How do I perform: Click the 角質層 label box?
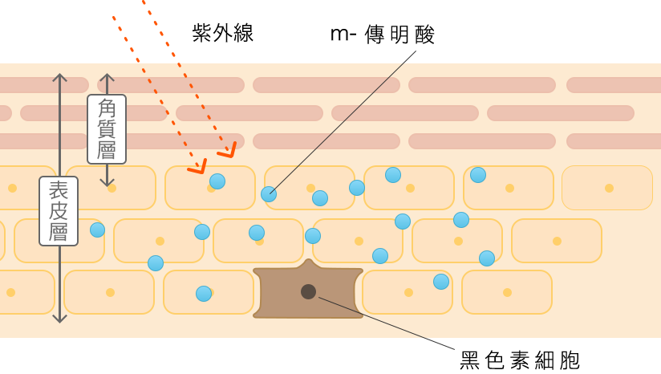click(x=107, y=129)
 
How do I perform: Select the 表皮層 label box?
click(x=59, y=211)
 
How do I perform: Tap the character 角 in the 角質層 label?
click(x=107, y=108)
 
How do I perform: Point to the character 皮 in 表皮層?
click(x=59, y=211)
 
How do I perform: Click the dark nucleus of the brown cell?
click(x=308, y=291)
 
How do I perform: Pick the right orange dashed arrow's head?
click(x=229, y=151)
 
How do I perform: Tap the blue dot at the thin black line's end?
click(x=269, y=194)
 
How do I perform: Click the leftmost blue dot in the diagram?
click(x=97, y=230)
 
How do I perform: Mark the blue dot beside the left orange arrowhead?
click(x=217, y=181)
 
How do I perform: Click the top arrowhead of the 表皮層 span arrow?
click(x=59, y=77)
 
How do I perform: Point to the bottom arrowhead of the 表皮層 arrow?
click(x=59, y=319)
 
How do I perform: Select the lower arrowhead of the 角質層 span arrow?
click(x=107, y=182)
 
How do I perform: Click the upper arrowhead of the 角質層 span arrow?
click(x=107, y=78)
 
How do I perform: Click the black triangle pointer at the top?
click(x=412, y=53)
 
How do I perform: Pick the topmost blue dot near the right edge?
click(x=478, y=175)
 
